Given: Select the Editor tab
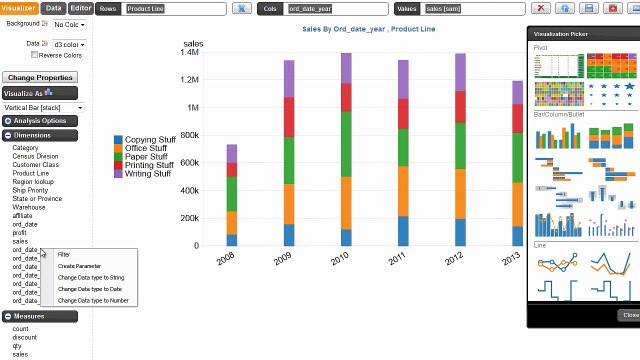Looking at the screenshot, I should (81, 8).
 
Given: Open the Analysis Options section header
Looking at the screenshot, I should (40, 121).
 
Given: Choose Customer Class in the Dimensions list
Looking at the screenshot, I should (35, 164).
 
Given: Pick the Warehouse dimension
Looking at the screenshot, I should (29, 207).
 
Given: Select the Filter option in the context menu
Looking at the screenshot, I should (64, 255).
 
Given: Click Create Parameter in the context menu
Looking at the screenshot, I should (79, 266).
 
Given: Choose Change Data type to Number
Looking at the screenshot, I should (93, 300).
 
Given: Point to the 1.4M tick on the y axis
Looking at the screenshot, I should (189, 52).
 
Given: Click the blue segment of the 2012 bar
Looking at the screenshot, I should (461, 232).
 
